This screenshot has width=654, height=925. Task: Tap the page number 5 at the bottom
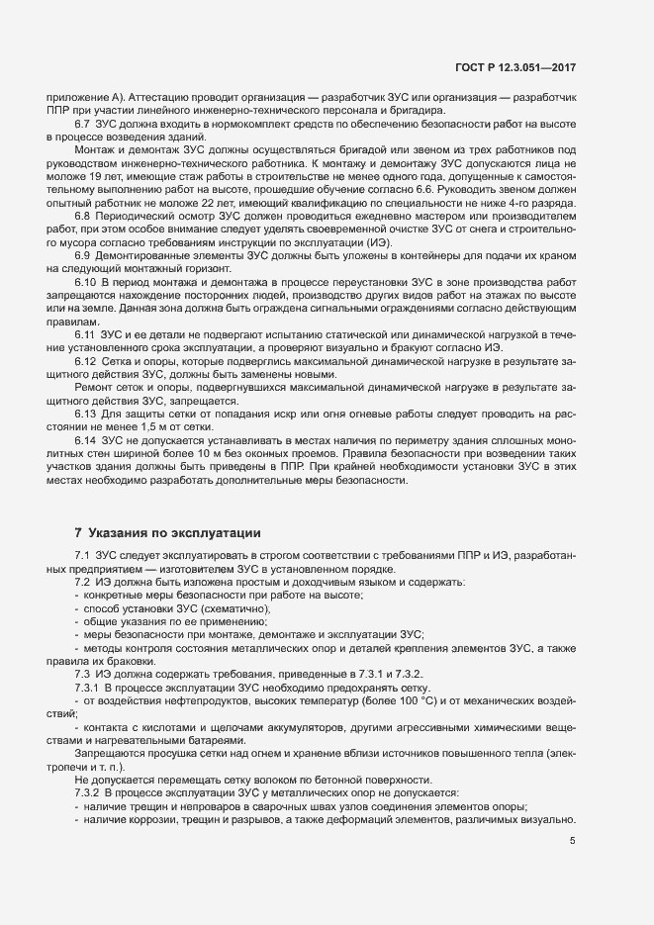tap(572, 841)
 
